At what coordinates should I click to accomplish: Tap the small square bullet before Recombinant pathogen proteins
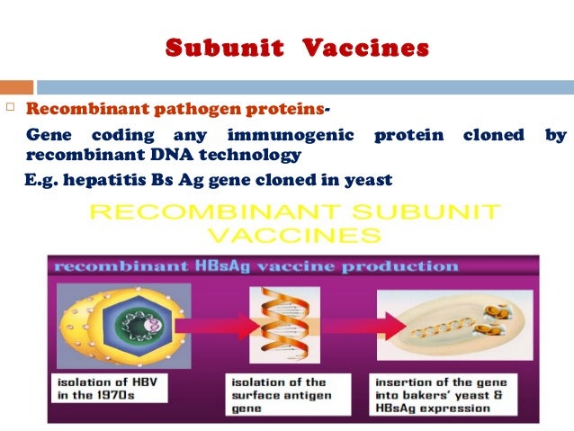click(10, 110)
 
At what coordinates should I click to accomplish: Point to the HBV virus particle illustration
click(122, 323)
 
